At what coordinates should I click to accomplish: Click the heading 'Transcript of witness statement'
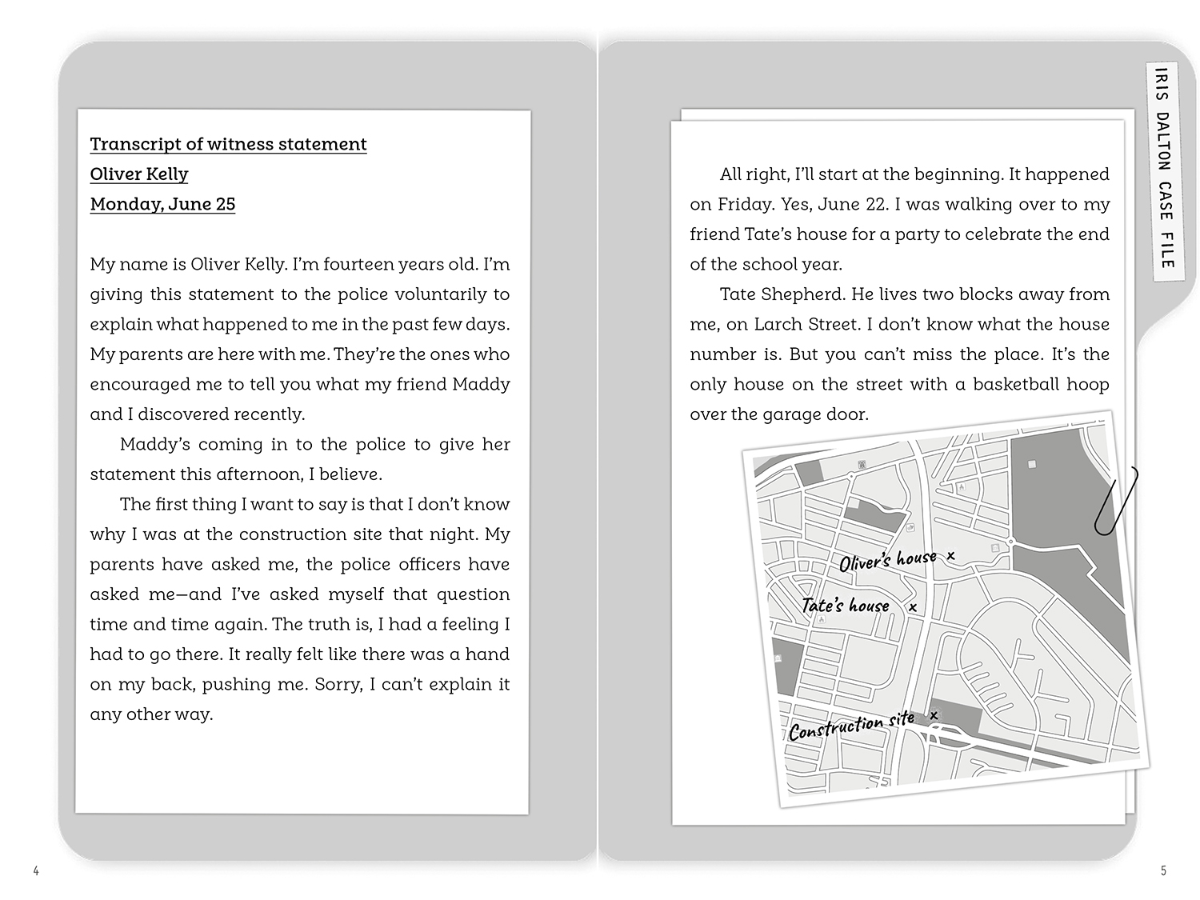click(228, 144)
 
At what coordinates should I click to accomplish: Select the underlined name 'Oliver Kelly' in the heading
click(139, 174)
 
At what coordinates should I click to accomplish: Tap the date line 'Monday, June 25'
click(162, 204)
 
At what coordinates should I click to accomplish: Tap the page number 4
click(36, 871)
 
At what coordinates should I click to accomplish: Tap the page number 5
click(1164, 871)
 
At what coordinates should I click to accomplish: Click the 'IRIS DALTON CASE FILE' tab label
click(1165, 167)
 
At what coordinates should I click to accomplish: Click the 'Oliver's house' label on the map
click(887, 560)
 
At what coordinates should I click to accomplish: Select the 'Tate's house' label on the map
click(846, 606)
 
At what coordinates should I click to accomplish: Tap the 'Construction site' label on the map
click(851, 726)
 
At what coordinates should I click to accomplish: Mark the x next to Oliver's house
click(950, 555)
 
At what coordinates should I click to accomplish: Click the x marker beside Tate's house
click(913, 608)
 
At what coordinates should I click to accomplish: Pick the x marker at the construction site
click(934, 715)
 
